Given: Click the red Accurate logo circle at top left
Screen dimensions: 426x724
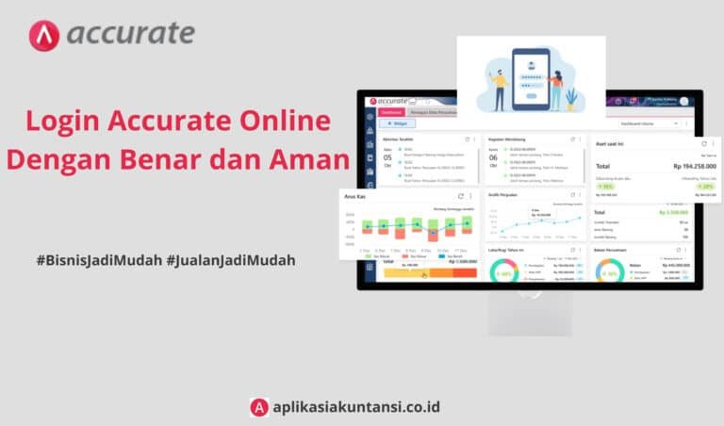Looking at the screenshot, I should tap(45, 35).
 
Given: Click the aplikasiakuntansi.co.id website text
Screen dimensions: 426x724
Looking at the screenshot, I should tap(356, 407).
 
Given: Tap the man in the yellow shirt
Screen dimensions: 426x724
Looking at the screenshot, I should tap(499, 88).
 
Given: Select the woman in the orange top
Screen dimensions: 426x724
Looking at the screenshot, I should tap(556, 87).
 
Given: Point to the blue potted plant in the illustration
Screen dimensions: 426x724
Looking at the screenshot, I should tap(571, 96).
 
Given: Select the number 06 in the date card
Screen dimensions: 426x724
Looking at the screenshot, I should tap(493, 157).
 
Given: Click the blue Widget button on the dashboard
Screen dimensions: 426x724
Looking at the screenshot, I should tap(397, 123).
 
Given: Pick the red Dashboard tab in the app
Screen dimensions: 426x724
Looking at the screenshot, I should tap(391, 111).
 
